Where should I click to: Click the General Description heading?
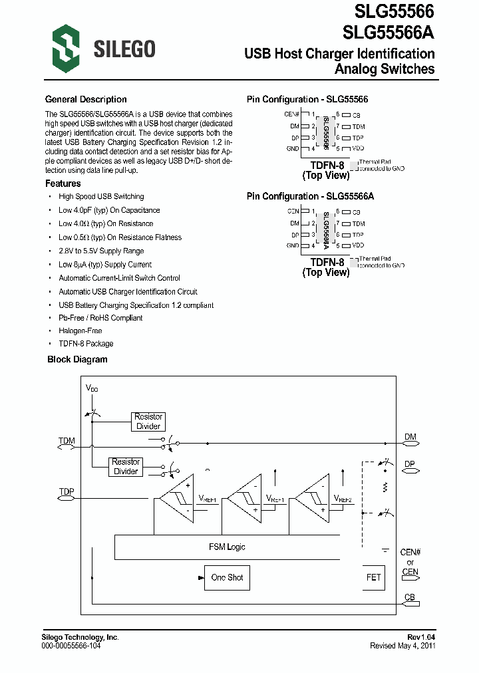click(86, 100)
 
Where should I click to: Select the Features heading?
click(63, 184)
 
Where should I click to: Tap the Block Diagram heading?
click(77, 359)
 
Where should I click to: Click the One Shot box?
click(227, 577)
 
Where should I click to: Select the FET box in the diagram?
click(373, 577)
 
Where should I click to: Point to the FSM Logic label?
click(227, 547)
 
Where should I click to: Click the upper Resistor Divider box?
click(148, 422)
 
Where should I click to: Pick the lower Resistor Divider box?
click(126, 466)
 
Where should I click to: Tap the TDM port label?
click(67, 441)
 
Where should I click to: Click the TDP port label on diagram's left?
click(67, 492)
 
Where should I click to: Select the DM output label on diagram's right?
click(410, 437)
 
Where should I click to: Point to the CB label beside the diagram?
click(410, 597)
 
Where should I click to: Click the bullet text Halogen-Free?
click(80, 331)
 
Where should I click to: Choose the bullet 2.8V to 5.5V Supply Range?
click(101, 251)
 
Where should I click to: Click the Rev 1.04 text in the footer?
click(421, 637)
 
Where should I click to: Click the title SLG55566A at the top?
click(389, 33)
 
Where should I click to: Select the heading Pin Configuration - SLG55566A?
click(311, 197)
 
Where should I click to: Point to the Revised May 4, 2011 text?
click(402, 646)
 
